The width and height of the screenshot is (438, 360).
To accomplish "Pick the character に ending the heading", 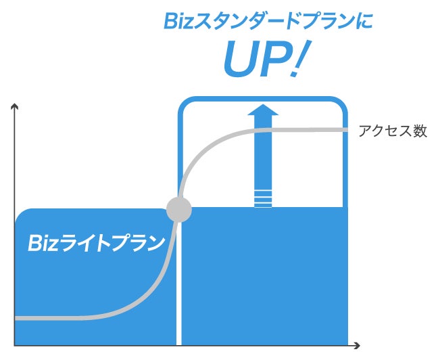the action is click(364, 22).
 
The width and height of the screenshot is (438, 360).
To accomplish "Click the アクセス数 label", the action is click(393, 131).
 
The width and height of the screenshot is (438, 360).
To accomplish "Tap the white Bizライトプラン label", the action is click(96, 243).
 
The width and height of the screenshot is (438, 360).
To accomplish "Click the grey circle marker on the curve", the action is click(179, 209).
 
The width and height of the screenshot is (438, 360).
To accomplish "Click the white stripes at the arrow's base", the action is click(262, 199).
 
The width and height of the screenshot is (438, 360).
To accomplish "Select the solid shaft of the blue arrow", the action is click(262, 156).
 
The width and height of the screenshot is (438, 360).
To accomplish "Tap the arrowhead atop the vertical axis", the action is click(14, 106).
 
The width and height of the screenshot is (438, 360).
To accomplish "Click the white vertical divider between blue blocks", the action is click(179, 284).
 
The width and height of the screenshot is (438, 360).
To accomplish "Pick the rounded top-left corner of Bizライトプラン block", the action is click(22, 215).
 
